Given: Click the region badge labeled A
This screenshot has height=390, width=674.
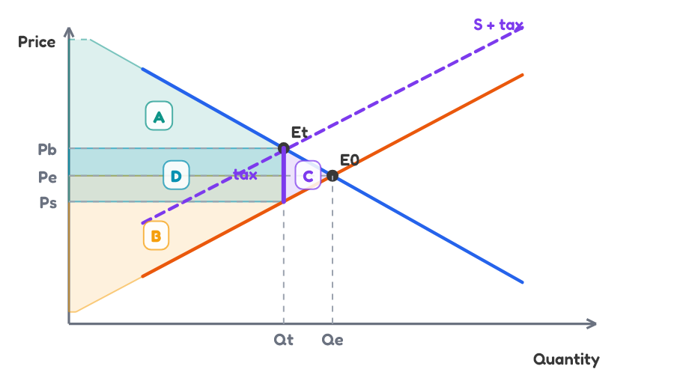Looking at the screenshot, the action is point(159,116).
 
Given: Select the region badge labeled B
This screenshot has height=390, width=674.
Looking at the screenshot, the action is point(156,235).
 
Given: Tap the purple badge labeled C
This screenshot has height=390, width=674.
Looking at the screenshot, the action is point(308,175).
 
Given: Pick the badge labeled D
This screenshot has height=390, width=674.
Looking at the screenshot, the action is point(176,175).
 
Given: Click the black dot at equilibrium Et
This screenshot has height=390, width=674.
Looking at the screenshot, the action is point(284,149).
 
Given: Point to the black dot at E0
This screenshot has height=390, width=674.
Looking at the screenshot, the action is point(333,176).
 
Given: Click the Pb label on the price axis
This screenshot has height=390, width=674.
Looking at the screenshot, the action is point(47,150).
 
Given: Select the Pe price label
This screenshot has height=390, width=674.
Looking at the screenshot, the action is point(47,177).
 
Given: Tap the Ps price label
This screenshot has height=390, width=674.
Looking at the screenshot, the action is point(48,202).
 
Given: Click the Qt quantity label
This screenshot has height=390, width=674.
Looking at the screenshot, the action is point(284,340).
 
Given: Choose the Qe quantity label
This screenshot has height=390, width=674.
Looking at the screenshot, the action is point(333,340).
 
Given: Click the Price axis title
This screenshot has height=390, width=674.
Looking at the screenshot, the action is point(37,42).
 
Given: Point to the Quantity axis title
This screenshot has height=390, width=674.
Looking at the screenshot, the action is point(566,359).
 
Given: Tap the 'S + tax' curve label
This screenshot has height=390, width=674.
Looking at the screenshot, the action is point(498,25).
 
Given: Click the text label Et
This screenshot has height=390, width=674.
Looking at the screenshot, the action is point(300,132).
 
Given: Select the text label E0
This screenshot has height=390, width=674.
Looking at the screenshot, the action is point(350,159).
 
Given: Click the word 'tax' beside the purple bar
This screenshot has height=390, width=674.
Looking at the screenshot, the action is point(245,174).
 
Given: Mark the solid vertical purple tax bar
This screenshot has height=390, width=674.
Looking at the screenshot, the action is point(284,176).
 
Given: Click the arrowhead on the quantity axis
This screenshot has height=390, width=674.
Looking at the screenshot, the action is point(592,323).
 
